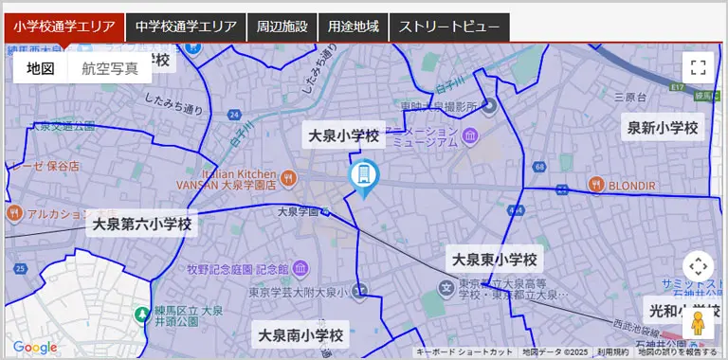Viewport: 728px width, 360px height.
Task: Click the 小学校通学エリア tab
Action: tap(64, 27)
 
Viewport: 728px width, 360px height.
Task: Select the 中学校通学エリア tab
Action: tap(186, 27)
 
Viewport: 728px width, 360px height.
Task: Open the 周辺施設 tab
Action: tap(282, 27)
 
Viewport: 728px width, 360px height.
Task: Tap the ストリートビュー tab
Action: tap(449, 27)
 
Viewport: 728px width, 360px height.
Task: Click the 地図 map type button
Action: tap(41, 68)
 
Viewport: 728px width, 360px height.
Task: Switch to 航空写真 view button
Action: tap(110, 68)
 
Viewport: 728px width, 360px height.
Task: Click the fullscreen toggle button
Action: tap(698, 67)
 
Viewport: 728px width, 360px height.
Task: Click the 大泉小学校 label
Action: tap(343, 136)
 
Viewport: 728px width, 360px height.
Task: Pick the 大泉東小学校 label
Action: tap(494, 259)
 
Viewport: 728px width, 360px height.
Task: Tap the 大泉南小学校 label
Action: tap(301, 334)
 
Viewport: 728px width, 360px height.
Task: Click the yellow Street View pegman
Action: tap(699, 323)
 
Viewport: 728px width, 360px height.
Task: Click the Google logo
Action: tap(35, 348)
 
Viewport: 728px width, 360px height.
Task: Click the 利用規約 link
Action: tap(612, 352)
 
